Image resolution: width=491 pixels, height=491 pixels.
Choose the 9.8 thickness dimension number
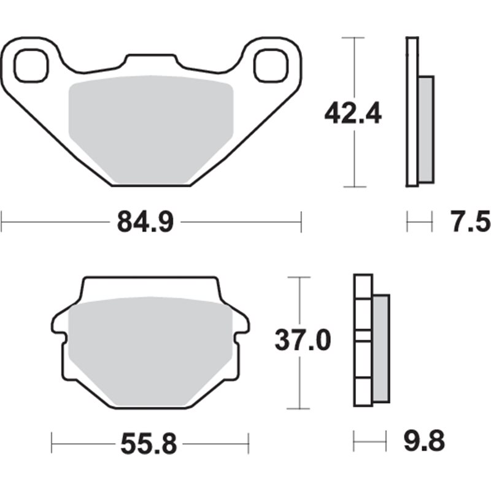pyautogui.click(x=424, y=440)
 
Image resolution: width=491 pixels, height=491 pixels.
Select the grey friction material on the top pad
pyautogui.click(x=150, y=129)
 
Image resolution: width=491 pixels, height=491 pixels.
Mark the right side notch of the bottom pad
pyautogui.click(x=244, y=331)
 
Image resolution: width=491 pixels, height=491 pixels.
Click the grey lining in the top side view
pyautogui.click(x=425, y=129)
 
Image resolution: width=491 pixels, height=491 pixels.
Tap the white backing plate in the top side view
pyautogui.click(x=412, y=110)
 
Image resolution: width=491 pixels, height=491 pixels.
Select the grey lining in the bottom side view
pyautogui.click(x=381, y=348)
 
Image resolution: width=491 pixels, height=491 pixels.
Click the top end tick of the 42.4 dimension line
pyautogui.click(x=354, y=37)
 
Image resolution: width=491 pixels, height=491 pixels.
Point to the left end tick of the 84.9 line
pyautogui.click(x=2, y=222)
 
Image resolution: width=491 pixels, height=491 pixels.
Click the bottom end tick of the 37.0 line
pyautogui.click(x=299, y=408)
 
